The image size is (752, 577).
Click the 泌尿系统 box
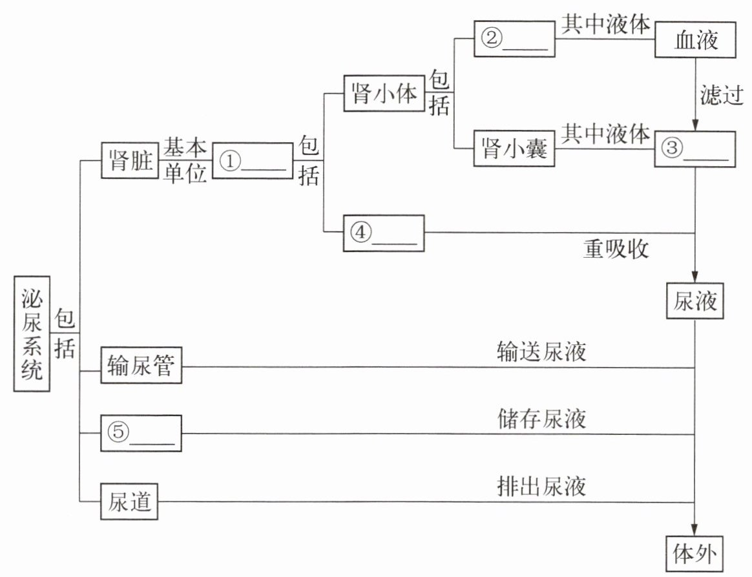[x=32, y=334]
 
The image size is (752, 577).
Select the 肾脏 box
[x=130, y=160]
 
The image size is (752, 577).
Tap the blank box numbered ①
[x=253, y=160]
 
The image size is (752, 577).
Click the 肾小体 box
[x=384, y=93]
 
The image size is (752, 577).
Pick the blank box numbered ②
[x=515, y=39]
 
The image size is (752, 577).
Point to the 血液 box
[x=695, y=39]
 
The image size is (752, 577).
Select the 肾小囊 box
[x=514, y=148]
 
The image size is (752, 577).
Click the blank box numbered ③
[x=695, y=149]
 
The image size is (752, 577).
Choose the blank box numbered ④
[x=384, y=233]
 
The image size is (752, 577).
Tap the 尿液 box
[x=695, y=301]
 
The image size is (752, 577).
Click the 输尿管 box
[x=141, y=365]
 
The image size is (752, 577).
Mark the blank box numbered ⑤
[x=141, y=433]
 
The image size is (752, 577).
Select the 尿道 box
[x=129, y=501]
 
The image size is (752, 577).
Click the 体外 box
[x=695, y=553]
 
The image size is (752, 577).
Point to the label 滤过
[x=722, y=94]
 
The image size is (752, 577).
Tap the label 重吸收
[x=616, y=249]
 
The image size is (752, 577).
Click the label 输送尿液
[x=541, y=351]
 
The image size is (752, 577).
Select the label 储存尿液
[x=541, y=419]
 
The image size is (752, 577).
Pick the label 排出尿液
[x=541, y=487]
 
